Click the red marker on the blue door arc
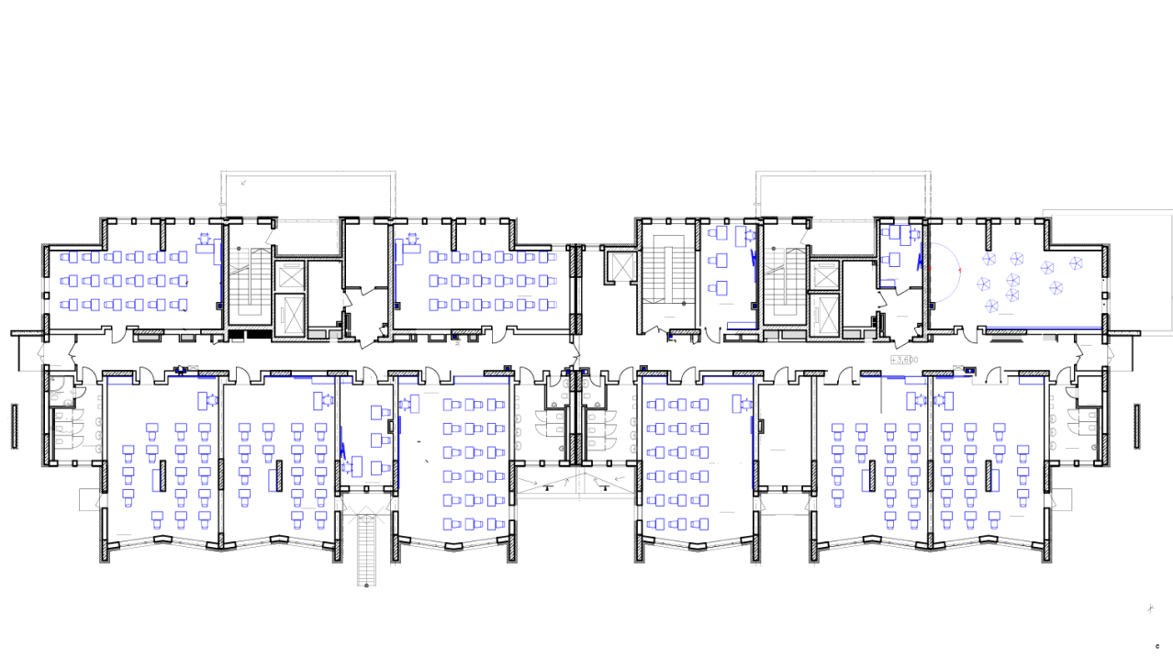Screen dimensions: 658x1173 click(x=960, y=270)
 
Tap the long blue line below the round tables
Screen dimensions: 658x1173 click(x=1044, y=328)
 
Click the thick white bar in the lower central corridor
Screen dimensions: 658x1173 click(x=575, y=496)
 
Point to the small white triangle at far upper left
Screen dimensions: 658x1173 click(x=106, y=214)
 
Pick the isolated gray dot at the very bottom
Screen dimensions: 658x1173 click(x=366, y=586)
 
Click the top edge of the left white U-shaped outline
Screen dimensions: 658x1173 click(x=308, y=173)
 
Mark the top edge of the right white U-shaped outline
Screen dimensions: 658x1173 click(x=843, y=173)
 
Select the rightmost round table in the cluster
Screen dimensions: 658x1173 click(x=1076, y=263)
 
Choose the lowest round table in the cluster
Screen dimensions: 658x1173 click(x=991, y=306)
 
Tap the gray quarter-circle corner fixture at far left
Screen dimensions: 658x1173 click(x=56, y=384)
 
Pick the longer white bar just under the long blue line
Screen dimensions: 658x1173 click(x=1007, y=338)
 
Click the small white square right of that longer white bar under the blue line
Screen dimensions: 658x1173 click(x=1049, y=338)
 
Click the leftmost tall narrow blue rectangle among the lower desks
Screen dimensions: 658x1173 click(x=156, y=480)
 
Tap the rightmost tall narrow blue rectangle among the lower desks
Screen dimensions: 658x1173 click(x=995, y=480)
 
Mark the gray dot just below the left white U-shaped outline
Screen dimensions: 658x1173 click(x=239, y=248)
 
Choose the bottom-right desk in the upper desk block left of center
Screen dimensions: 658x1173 click(x=548, y=306)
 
